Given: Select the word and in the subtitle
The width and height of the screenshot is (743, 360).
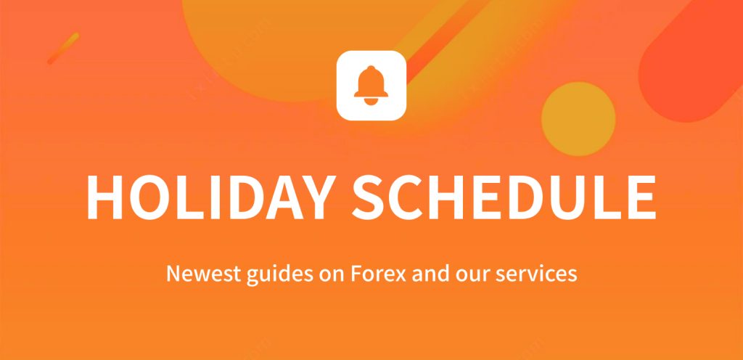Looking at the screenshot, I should [430, 274].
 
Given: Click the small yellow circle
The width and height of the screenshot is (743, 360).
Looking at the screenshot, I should [578, 119].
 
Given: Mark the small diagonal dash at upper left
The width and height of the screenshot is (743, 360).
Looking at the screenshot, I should [63, 48].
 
